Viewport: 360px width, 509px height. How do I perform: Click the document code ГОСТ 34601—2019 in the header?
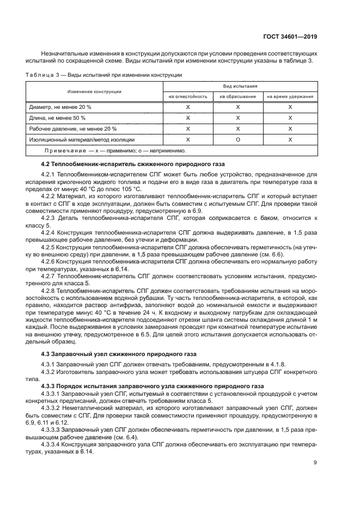tap(292, 36)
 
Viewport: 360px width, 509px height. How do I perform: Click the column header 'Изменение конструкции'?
tap(94, 91)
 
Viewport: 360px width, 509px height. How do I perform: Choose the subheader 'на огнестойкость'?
tap(188, 96)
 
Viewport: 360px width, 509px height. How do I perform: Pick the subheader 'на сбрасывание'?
tap(238, 96)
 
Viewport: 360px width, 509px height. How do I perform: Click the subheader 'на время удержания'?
tap(290, 96)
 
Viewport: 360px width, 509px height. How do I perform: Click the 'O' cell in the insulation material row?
tap(238, 139)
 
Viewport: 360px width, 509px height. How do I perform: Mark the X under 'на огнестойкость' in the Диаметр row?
tap(188, 107)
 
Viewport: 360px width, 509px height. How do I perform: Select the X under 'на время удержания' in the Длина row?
tap(290, 118)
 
